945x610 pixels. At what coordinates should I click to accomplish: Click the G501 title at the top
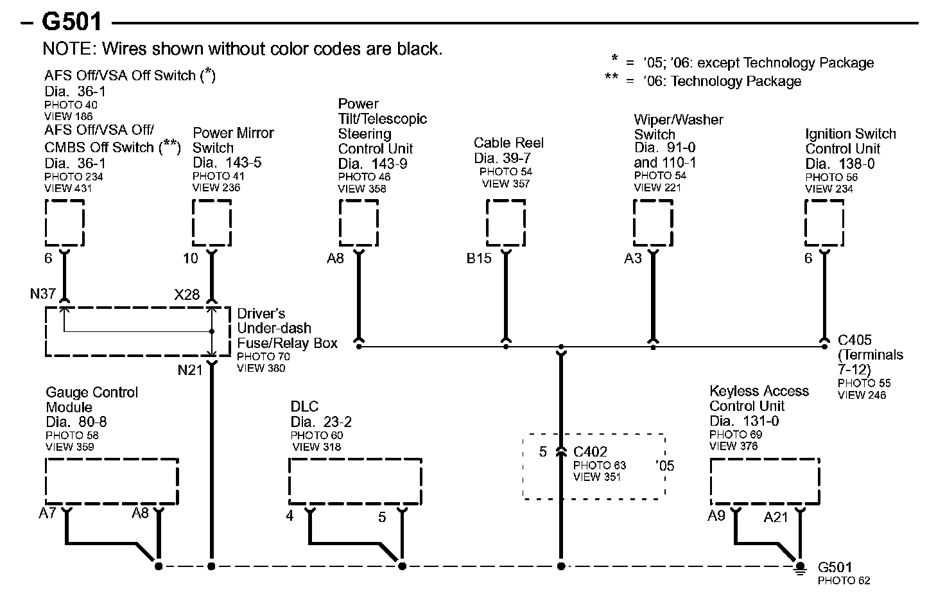72,22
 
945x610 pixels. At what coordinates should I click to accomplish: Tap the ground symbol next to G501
800,568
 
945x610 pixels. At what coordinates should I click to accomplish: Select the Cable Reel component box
506,223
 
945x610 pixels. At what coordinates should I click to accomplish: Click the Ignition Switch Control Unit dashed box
824,223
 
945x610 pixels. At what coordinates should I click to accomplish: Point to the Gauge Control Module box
112,482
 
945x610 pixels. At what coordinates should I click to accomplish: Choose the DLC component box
355,482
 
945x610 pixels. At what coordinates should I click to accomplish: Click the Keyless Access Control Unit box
765,482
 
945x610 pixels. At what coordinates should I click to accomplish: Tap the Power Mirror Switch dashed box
212,223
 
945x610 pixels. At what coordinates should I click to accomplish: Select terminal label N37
43,294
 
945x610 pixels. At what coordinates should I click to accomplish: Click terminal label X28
187,295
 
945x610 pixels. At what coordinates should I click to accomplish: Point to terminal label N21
190,370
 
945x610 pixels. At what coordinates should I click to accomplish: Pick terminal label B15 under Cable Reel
479,259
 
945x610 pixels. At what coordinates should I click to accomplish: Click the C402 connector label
590,452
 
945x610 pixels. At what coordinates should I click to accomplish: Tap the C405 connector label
854,340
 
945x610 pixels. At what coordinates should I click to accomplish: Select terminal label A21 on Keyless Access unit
776,518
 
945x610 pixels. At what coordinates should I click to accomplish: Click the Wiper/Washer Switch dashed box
653,223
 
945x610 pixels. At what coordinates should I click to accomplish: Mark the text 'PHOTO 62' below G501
844,581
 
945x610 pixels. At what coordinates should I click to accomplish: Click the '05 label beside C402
666,466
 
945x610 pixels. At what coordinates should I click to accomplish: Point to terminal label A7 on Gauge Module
48,513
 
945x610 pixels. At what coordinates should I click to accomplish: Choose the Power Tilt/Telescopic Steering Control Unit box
358,223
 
